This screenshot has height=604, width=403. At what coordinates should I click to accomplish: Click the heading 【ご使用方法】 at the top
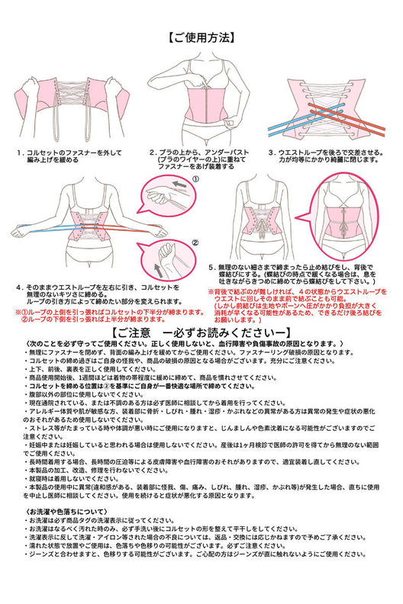(x=201, y=37)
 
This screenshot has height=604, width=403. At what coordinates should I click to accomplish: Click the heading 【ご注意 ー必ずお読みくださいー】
(x=201, y=334)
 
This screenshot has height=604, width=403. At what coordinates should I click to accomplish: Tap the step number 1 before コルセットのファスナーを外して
(x=18, y=153)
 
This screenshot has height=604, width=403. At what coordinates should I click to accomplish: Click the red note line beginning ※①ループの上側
(x=107, y=312)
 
